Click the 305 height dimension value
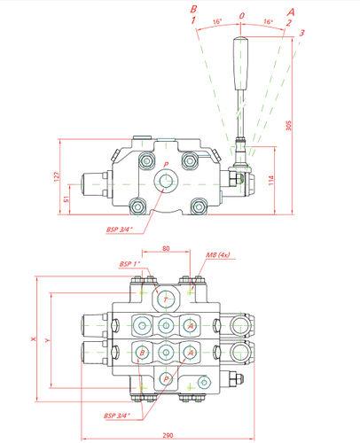(x=289, y=125)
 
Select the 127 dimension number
(x=57, y=176)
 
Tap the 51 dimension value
(x=67, y=199)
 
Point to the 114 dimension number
(x=271, y=180)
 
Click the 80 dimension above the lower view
(x=166, y=248)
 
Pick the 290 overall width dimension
(x=168, y=435)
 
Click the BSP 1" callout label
(x=129, y=264)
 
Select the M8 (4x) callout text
(x=218, y=255)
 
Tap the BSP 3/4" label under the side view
(x=119, y=229)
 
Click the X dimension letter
(x=34, y=339)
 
